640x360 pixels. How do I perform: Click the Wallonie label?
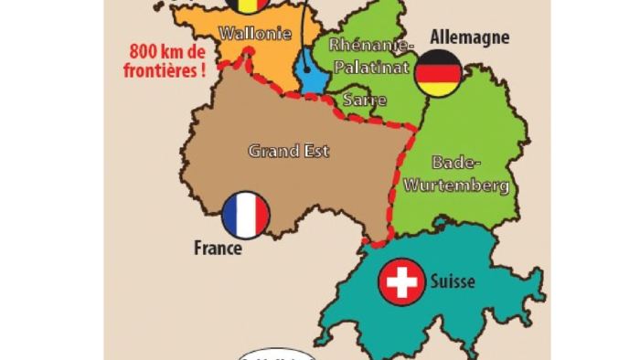[255, 34]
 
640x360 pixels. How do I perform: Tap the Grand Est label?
[289, 151]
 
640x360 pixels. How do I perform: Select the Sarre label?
[364, 100]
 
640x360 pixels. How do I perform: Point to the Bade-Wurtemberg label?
[469, 174]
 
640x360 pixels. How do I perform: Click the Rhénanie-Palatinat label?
[372, 55]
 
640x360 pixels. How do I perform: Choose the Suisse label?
[453, 281]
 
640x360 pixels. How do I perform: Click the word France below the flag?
[218, 248]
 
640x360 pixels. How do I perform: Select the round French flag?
[246, 216]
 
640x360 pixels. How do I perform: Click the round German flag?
[438, 73]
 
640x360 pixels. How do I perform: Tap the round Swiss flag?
[401, 281]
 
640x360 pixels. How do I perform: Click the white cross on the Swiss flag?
[401, 281]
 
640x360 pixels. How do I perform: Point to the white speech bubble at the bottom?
[276, 355]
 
